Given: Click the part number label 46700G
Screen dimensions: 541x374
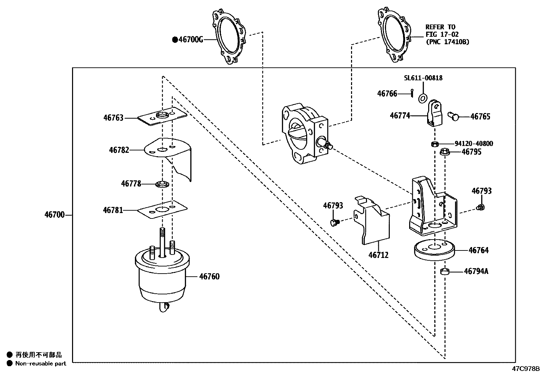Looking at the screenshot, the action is (191, 40).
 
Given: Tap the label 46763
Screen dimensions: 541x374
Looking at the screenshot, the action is (113, 118).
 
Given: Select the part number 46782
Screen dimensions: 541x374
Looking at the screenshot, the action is (119, 150).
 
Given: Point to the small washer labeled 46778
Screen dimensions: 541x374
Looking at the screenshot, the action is (162, 184).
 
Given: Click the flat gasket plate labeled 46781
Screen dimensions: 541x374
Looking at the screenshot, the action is (162, 210).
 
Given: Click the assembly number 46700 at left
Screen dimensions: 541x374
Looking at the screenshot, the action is (54, 215).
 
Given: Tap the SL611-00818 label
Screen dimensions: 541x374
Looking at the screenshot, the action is (423, 78).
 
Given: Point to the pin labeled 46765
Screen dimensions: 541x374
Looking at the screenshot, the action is (453, 116).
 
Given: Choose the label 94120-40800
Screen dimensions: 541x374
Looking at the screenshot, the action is (474, 144).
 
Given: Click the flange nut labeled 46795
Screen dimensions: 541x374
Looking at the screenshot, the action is (444, 152).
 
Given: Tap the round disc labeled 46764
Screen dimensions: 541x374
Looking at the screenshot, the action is (434, 250).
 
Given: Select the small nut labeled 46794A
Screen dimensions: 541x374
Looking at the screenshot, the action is (445, 272).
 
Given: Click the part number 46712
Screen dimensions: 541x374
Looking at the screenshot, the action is (379, 255).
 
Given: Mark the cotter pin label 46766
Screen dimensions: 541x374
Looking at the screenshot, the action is (387, 94).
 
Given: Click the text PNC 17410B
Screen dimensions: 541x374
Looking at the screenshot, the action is (448, 42).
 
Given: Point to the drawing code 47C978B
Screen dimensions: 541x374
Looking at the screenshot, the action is (526, 369).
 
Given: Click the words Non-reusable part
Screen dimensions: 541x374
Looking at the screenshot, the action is (40, 363).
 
